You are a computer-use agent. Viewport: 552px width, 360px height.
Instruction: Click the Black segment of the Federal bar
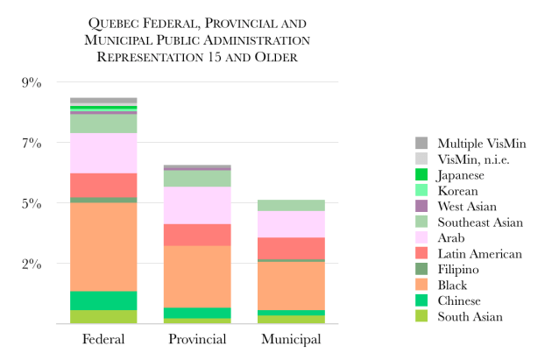103,247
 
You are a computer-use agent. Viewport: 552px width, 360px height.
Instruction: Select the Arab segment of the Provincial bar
198,205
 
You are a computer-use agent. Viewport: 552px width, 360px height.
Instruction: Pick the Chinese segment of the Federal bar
103,300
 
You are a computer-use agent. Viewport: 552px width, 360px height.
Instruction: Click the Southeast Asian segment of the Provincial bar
198,179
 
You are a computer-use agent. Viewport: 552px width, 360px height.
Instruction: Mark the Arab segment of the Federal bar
103,153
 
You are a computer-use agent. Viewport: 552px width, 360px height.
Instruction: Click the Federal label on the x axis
103,340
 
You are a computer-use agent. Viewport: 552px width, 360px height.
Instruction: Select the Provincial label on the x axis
198,340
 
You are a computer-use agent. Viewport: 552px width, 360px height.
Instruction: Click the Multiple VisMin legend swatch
421,144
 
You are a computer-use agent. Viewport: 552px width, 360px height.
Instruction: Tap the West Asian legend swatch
421,207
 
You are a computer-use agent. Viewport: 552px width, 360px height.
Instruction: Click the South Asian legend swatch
421,317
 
